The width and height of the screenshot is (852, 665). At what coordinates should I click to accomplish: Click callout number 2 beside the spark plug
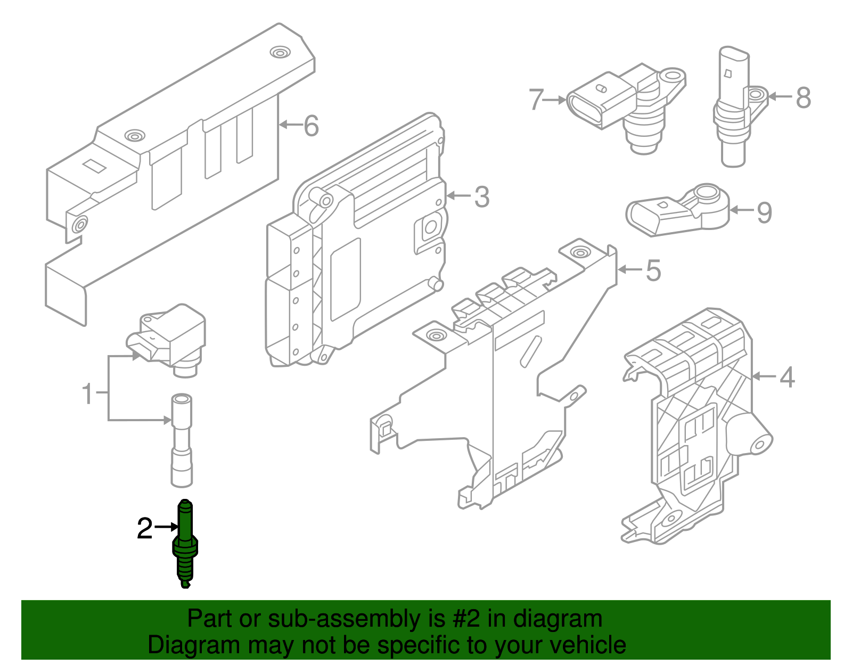[x=145, y=528]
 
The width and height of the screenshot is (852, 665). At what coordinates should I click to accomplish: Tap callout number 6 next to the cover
[x=311, y=126]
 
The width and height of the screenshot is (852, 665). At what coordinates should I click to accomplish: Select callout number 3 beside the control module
[x=481, y=197]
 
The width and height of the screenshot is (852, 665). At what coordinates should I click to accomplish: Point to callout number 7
[x=536, y=100]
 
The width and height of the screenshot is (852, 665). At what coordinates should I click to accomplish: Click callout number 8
[x=803, y=98]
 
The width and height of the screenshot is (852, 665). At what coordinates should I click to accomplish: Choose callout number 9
[x=764, y=212]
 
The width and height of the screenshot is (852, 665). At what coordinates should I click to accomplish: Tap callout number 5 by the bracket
[x=653, y=270]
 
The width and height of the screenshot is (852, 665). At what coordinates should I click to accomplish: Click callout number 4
[x=787, y=377]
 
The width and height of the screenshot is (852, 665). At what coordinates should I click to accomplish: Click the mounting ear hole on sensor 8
[x=755, y=96]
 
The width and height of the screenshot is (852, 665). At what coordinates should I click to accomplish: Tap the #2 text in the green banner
[x=466, y=619]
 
